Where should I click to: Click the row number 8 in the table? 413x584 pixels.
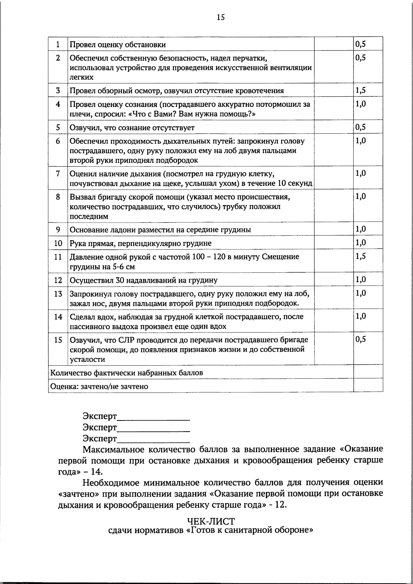tap(58, 197)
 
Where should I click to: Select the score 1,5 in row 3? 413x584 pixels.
tap(360, 91)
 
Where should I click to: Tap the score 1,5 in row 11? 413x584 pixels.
tap(360, 256)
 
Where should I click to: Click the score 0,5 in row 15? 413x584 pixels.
tap(360, 339)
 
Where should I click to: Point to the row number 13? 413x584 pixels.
tap(58, 294)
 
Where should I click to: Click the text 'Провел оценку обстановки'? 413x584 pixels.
tap(118, 45)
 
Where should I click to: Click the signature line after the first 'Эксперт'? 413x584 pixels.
tap(153, 417)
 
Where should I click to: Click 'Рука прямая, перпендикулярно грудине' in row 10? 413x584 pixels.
tap(140, 244)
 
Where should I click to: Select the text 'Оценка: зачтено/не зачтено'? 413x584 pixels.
tap(99, 386)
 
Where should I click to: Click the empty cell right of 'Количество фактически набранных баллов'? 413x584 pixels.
tap(368, 372)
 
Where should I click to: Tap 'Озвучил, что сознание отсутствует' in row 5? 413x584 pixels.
tap(132, 128)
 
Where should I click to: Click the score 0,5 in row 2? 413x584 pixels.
tap(360, 58)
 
